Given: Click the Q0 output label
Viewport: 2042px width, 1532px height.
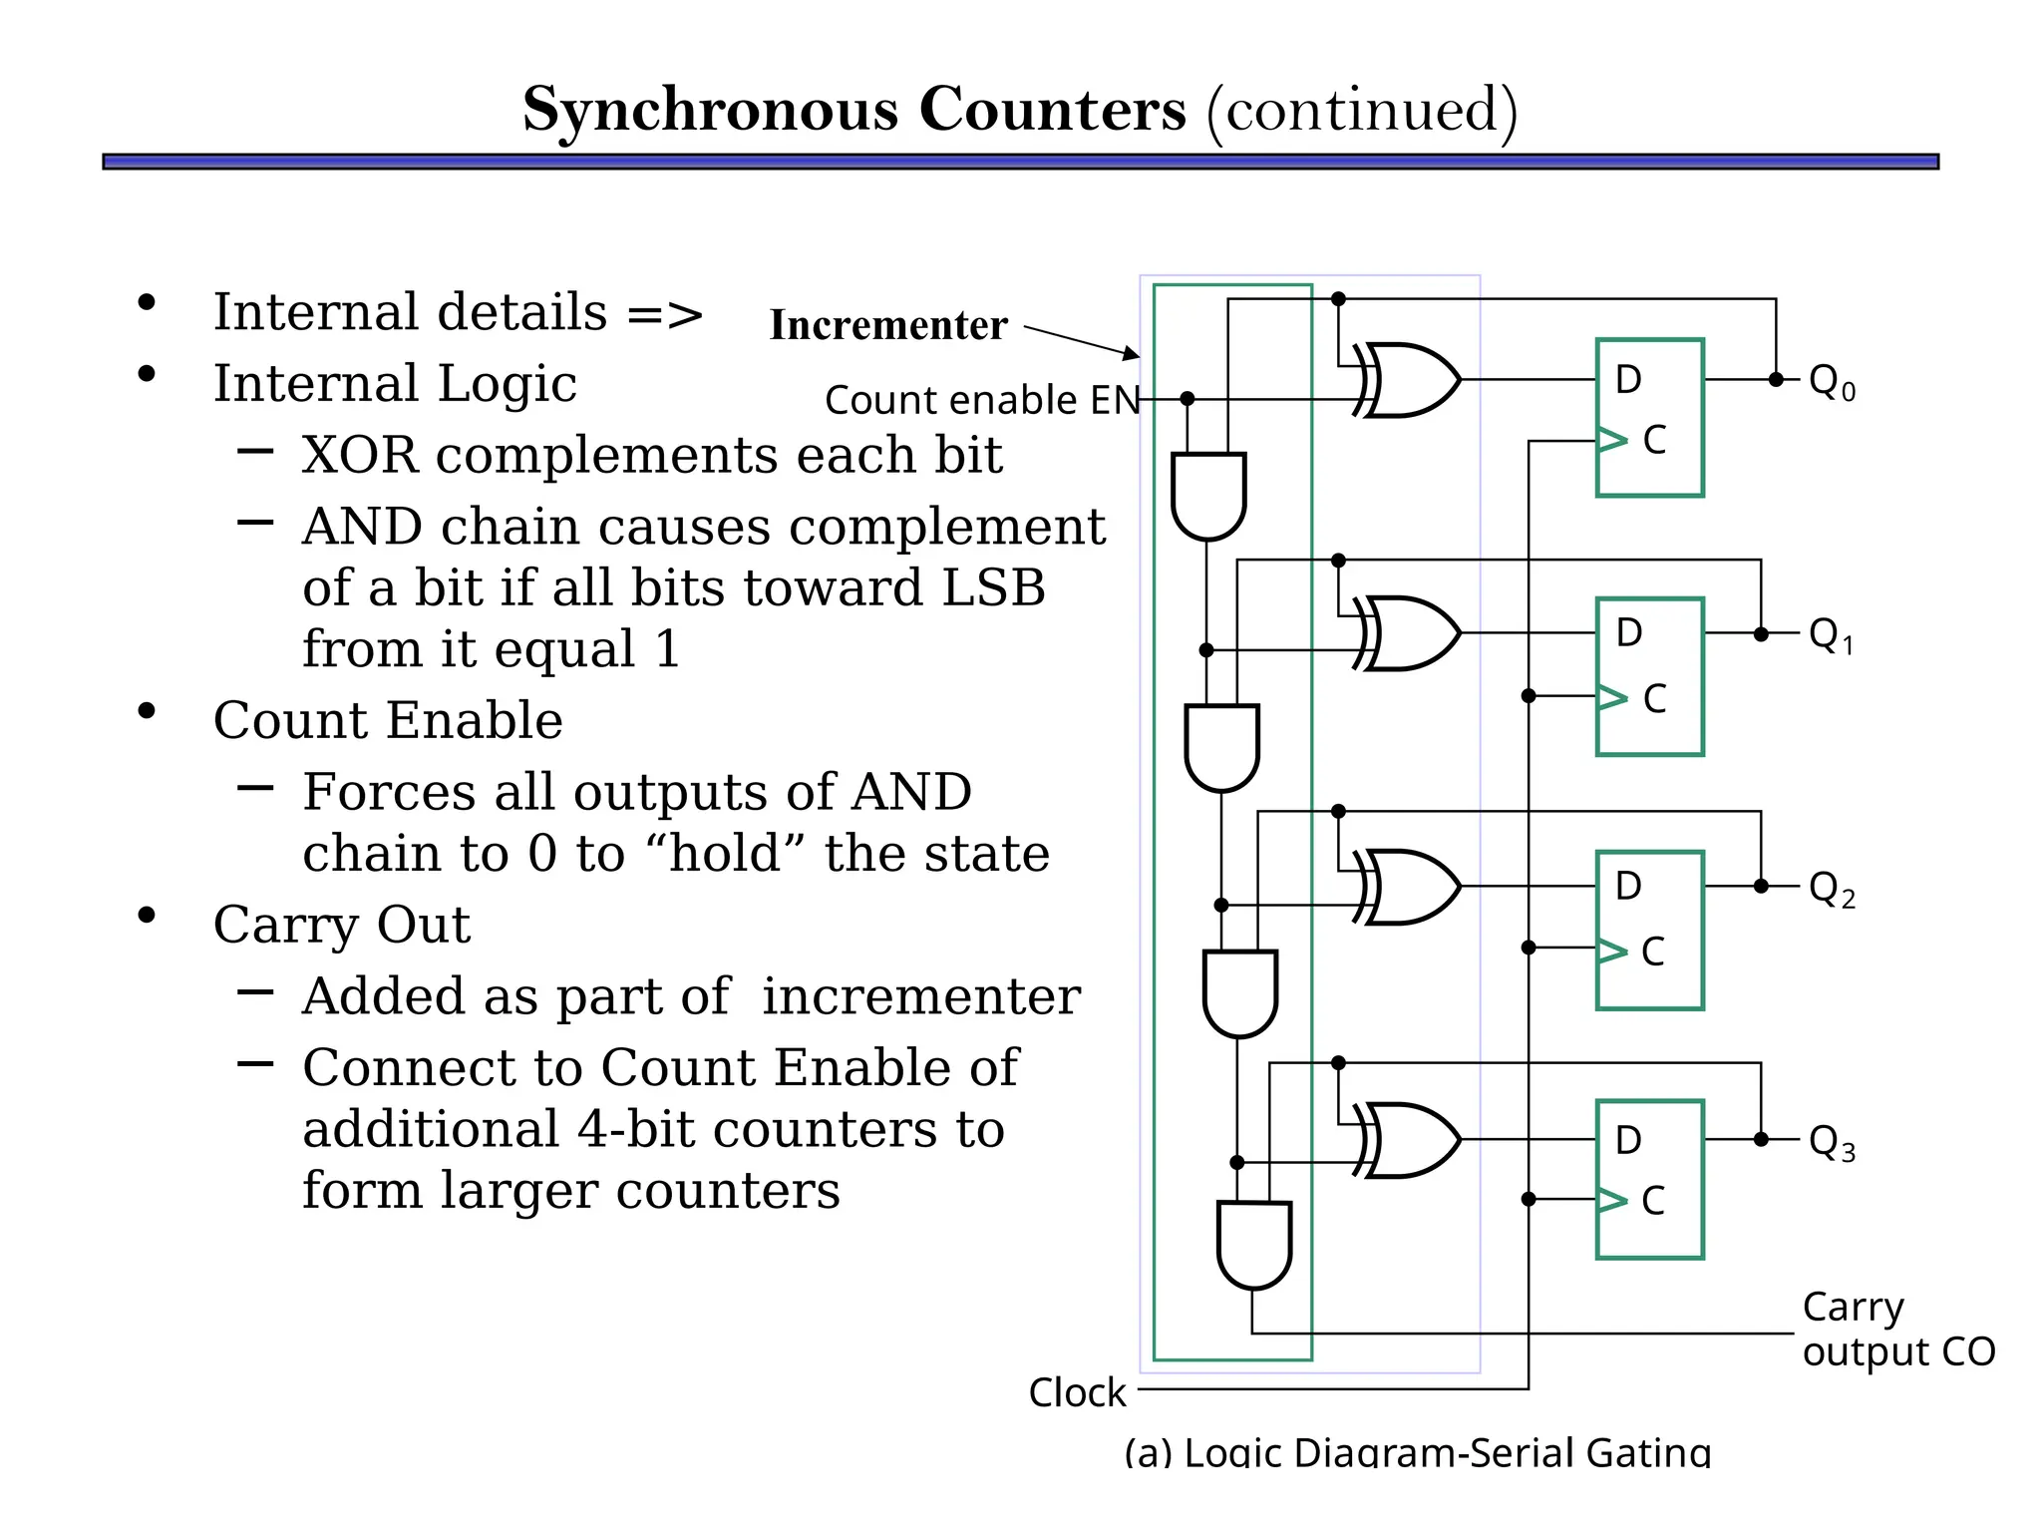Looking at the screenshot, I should point(1832,382).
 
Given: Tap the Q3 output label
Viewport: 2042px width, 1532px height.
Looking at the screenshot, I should point(1832,1142).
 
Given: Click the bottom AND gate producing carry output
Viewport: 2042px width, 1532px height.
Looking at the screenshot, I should point(1254,1244).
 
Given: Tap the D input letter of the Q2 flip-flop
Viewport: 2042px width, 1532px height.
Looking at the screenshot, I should point(1628,886).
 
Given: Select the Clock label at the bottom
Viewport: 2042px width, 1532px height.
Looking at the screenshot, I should point(1077,1392).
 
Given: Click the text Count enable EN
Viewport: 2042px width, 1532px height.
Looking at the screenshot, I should point(982,400).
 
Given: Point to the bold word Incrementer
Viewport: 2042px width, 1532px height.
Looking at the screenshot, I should point(888,325).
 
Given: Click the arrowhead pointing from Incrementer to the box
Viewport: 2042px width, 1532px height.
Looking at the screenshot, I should point(1132,352).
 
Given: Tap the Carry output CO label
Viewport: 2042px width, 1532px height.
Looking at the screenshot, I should point(1896,1330).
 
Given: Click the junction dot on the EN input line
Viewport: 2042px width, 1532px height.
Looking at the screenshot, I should point(1187,399).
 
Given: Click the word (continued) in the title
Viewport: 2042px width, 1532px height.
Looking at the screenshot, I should point(1362,109).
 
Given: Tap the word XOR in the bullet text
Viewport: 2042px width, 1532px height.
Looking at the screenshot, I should point(359,455).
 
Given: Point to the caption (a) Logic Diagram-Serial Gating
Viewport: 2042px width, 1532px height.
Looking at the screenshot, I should point(1417,1451).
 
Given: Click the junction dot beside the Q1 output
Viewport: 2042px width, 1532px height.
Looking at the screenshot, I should point(1761,634).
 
